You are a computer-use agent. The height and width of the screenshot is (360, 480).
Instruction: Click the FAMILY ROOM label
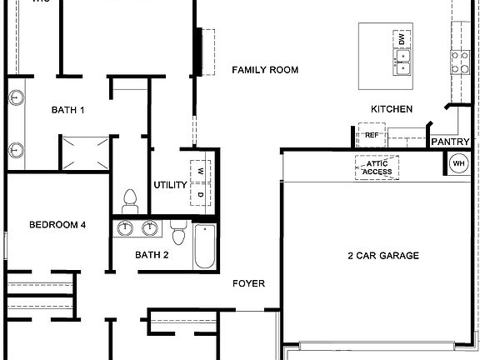click(x=265, y=70)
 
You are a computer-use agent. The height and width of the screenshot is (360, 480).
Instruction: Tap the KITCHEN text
click(x=392, y=109)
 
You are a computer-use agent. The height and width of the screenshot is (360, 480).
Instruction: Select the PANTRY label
click(x=450, y=142)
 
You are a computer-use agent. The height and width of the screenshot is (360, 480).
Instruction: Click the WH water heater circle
click(x=458, y=164)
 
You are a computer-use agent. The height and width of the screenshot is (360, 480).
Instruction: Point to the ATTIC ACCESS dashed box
click(x=377, y=167)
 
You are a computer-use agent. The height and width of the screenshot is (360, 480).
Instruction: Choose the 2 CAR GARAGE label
click(x=382, y=256)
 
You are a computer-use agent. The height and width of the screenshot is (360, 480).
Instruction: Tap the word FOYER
click(x=248, y=284)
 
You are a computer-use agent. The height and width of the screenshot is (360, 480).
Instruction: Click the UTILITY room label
click(x=170, y=185)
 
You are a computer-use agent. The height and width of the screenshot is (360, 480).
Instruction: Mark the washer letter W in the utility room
click(x=201, y=171)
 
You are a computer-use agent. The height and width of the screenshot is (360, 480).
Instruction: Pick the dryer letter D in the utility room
click(x=201, y=194)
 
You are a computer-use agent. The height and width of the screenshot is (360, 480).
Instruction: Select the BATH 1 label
click(x=68, y=109)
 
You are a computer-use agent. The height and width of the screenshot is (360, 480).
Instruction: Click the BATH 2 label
click(x=152, y=255)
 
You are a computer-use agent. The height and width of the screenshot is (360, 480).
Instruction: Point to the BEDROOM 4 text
click(x=57, y=224)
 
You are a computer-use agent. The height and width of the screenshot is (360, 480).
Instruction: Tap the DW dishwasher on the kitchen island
click(x=402, y=39)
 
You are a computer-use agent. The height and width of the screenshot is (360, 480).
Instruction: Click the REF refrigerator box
click(x=371, y=135)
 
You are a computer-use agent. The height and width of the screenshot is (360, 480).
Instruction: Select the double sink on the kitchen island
click(x=402, y=62)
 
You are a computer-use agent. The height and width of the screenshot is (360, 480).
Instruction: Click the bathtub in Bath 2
click(x=204, y=247)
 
